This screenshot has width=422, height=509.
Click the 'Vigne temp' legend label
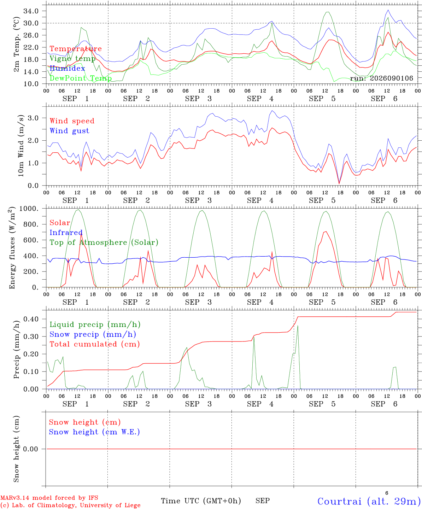click(x=72, y=59)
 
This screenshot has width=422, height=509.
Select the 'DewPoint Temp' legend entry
click(x=81, y=78)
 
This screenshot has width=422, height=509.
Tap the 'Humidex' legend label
click(x=67, y=68)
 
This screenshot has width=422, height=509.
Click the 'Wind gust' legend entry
click(x=70, y=131)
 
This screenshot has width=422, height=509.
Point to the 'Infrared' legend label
click(x=66, y=233)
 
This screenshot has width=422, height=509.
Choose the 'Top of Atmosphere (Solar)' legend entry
click(x=104, y=242)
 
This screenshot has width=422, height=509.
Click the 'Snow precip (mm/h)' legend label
click(x=93, y=334)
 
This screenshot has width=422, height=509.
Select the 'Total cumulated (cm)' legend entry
click(x=95, y=344)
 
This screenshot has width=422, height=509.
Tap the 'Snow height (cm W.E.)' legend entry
click(x=94, y=432)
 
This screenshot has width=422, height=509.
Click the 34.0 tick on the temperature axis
click(x=31, y=11)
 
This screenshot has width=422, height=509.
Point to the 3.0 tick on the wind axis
click(x=33, y=118)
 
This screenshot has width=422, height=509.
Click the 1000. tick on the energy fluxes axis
click(x=29, y=209)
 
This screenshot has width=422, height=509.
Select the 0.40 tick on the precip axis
click(x=31, y=319)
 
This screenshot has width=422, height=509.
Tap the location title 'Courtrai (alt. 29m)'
click(x=370, y=501)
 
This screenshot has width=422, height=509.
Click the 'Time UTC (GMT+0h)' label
click(x=201, y=501)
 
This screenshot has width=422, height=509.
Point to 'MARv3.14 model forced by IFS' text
click(x=49, y=498)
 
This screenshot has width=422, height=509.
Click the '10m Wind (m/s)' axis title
click(x=21, y=146)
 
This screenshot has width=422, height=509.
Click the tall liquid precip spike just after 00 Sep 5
click(x=298, y=326)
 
